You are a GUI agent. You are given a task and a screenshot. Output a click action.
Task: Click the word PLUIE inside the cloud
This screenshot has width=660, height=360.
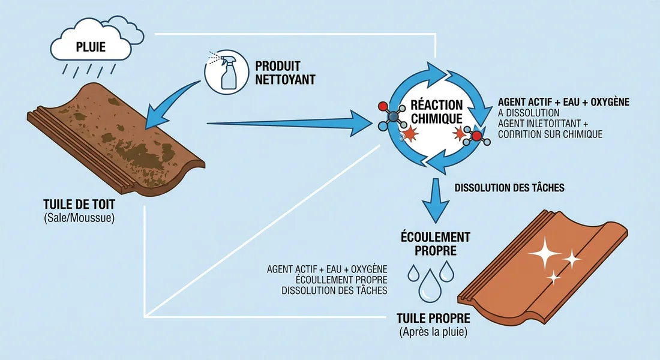pyautogui.click(x=91, y=47)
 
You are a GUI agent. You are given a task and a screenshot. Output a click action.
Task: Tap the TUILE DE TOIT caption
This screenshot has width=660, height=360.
pyautogui.click(x=79, y=205)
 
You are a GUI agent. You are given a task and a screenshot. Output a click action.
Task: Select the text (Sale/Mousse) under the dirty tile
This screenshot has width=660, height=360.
pyautogui.click(x=79, y=217)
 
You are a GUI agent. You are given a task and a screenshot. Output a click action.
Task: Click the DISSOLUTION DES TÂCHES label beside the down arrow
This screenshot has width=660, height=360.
pyautogui.click(x=509, y=188)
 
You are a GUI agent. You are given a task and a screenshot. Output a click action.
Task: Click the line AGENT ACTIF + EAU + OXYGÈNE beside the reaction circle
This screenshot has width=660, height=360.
pyautogui.click(x=563, y=102)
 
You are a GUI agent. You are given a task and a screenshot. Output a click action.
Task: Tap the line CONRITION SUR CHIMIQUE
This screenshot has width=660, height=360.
pyautogui.click(x=550, y=134)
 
